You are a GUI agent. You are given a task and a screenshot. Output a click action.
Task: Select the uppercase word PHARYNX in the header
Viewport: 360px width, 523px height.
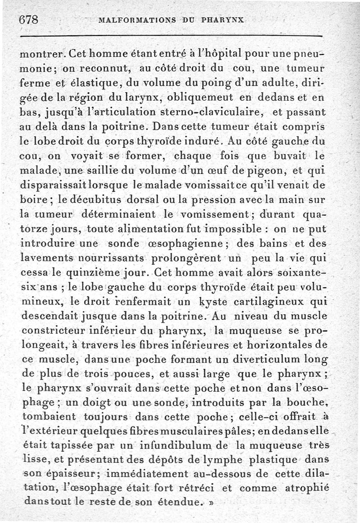coord(223,20)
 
